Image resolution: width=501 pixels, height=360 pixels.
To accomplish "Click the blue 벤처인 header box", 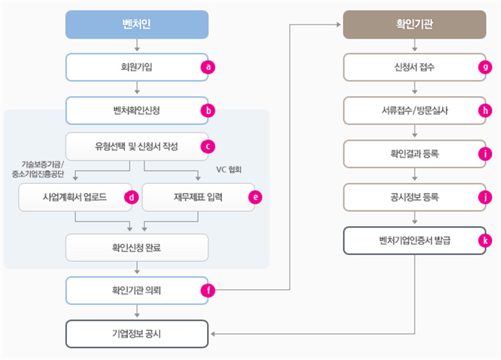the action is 137,25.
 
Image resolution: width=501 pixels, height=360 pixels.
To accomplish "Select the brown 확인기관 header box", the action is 415,25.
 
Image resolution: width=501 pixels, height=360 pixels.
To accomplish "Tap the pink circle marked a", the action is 208,67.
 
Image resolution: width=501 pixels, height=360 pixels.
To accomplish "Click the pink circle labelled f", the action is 208,290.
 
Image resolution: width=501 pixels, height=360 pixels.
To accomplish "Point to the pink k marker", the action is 485,240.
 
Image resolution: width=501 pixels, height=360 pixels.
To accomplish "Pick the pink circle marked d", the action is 131,197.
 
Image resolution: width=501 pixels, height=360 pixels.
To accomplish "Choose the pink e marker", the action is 255,197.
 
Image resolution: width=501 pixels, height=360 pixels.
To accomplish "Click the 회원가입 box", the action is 137,67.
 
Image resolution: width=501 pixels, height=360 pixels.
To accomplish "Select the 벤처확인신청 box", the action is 137,110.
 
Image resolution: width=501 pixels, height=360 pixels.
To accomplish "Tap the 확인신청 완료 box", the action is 137,248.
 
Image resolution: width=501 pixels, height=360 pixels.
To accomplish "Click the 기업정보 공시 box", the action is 137,334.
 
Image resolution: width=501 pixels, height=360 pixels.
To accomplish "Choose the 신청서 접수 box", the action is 415,67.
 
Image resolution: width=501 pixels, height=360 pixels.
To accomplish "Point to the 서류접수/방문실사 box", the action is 415,110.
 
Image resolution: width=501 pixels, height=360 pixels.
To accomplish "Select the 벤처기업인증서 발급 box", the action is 415,241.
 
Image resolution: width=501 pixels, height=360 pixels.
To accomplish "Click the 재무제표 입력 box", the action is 198,197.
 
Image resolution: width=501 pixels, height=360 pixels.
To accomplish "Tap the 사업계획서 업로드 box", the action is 75,197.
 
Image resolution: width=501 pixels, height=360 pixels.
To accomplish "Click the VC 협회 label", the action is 229,170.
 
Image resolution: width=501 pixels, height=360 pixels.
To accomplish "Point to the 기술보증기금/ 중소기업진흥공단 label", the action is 38,169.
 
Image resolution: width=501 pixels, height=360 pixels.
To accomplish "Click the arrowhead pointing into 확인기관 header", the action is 339,25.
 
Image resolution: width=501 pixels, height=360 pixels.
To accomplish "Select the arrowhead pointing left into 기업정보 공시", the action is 213,334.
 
